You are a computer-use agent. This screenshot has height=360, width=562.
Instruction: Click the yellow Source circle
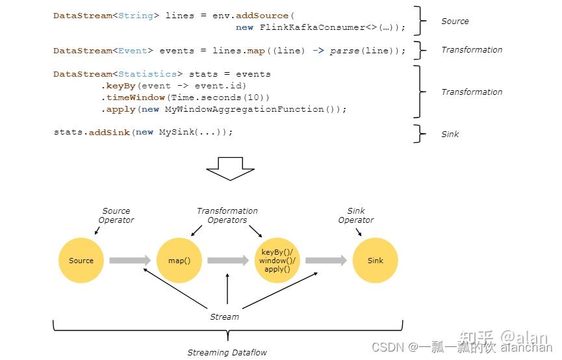point(81,261)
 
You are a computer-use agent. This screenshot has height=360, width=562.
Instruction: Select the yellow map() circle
point(179,261)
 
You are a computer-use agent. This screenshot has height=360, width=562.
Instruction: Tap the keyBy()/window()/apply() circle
point(277,261)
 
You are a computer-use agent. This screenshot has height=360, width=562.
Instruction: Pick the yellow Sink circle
point(376,261)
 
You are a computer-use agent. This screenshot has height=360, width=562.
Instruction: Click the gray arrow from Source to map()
point(130,261)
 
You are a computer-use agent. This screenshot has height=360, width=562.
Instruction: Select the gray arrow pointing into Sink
point(326,261)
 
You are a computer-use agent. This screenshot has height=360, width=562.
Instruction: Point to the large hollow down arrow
point(230,168)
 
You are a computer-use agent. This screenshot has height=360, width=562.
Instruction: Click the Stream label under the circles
point(224,317)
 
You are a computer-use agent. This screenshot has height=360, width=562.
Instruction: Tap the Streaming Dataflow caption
point(227,353)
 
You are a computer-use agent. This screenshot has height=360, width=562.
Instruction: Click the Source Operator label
point(116,216)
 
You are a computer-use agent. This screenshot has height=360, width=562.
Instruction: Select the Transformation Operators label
point(227,216)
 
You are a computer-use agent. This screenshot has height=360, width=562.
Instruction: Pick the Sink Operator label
point(356,216)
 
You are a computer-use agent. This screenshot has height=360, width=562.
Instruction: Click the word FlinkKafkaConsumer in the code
point(312,27)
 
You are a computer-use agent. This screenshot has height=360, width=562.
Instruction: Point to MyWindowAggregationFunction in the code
point(244,109)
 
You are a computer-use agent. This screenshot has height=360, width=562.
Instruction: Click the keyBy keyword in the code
point(121,86)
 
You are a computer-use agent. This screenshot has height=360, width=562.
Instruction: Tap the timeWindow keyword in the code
point(136,97)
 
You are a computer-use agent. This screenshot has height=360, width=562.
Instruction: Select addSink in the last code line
point(109,133)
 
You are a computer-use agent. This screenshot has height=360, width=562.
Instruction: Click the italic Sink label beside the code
point(450,135)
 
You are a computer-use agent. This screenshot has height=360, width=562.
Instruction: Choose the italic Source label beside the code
point(455,21)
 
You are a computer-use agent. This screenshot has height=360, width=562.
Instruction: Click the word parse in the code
point(344,51)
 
